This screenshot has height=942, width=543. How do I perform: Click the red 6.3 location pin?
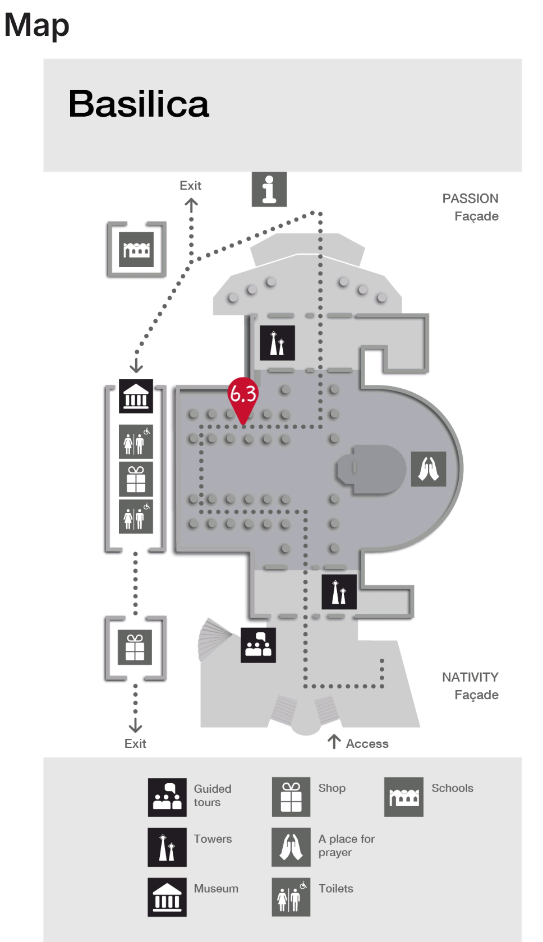tap(243, 397)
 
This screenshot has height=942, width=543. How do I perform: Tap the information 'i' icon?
tap(269, 189)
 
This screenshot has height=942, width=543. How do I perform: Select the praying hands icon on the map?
tap(429, 468)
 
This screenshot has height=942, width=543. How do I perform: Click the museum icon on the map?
tap(136, 396)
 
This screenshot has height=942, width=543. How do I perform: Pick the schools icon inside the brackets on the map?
tap(136, 249)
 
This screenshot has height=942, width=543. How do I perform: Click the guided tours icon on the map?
tap(258, 645)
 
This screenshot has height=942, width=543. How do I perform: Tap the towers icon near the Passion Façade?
tap(277, 343)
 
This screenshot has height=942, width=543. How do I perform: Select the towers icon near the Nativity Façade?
tap(339, 591)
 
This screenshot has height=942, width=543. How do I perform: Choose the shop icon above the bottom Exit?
tap(135, 647)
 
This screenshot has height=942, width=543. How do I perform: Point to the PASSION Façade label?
tap(470, 207)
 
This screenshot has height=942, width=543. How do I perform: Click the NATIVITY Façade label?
tap(470, 686)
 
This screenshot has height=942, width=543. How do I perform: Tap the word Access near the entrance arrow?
tap(367, 743)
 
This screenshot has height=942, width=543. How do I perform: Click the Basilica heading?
tap(139, 104)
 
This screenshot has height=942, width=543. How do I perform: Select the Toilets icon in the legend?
tap(291, 897)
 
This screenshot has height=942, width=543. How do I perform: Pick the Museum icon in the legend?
tap(167, 897)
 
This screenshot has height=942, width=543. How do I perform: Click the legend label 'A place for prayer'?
tap(346, 845)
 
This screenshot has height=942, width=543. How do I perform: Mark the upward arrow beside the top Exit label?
tap(191, 206)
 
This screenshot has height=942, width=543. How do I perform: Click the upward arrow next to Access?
tap(334, 741)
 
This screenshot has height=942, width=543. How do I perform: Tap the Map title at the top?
tap(37, 25)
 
